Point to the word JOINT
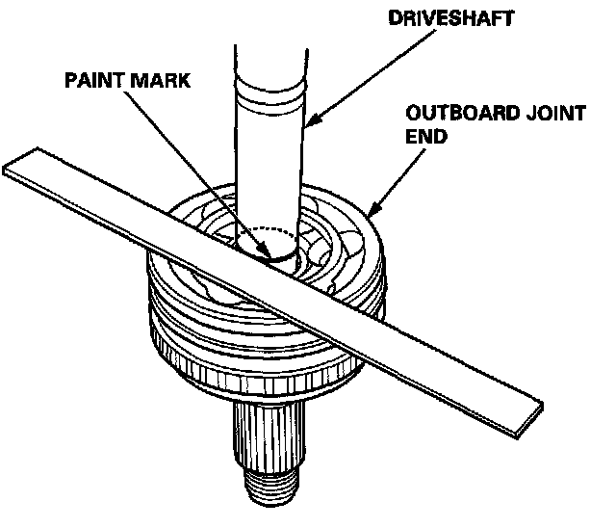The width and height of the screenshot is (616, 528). (555, 115)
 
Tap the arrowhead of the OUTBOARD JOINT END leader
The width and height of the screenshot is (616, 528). (371, 210)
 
